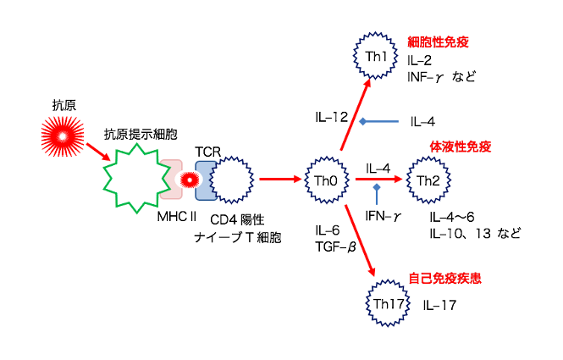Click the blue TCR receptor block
[204, 179]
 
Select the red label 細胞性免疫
[438, 42]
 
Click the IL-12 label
[330, 115]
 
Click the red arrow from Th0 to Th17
[360, 240]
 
